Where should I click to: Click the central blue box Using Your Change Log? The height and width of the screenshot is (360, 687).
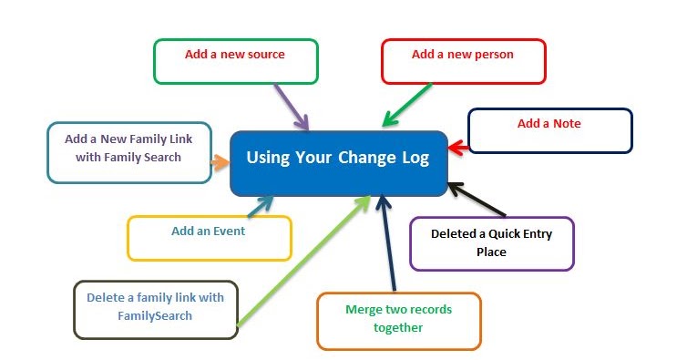(x=338, y=162)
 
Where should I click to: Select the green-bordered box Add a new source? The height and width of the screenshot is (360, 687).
(x=235, y=61)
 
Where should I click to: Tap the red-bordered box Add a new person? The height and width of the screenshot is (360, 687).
(x=463, y=61)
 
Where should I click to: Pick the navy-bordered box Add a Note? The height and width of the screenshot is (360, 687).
(x=549, y=130)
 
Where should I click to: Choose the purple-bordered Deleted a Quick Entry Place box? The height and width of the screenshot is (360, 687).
(x=492, y=243)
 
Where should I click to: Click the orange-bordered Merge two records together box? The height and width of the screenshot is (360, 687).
(x=398, y=320)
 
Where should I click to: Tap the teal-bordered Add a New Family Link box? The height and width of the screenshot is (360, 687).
(x=128, y=152)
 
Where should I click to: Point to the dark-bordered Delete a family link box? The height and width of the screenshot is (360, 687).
(x=155, y=309)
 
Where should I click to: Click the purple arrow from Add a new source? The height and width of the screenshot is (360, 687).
(x=294, y=106)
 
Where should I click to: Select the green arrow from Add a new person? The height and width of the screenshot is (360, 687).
(x=406, y=104)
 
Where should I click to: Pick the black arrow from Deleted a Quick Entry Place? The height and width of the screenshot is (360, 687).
(x=472, y=200)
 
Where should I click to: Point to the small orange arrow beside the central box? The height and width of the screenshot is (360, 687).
(x=220, y=163)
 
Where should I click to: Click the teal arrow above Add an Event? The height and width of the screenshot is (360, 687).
(x=261, y=206)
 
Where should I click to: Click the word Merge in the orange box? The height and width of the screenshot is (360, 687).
(x=362, y=310)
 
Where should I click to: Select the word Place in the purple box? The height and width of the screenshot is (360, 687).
(x=491, y=251)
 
